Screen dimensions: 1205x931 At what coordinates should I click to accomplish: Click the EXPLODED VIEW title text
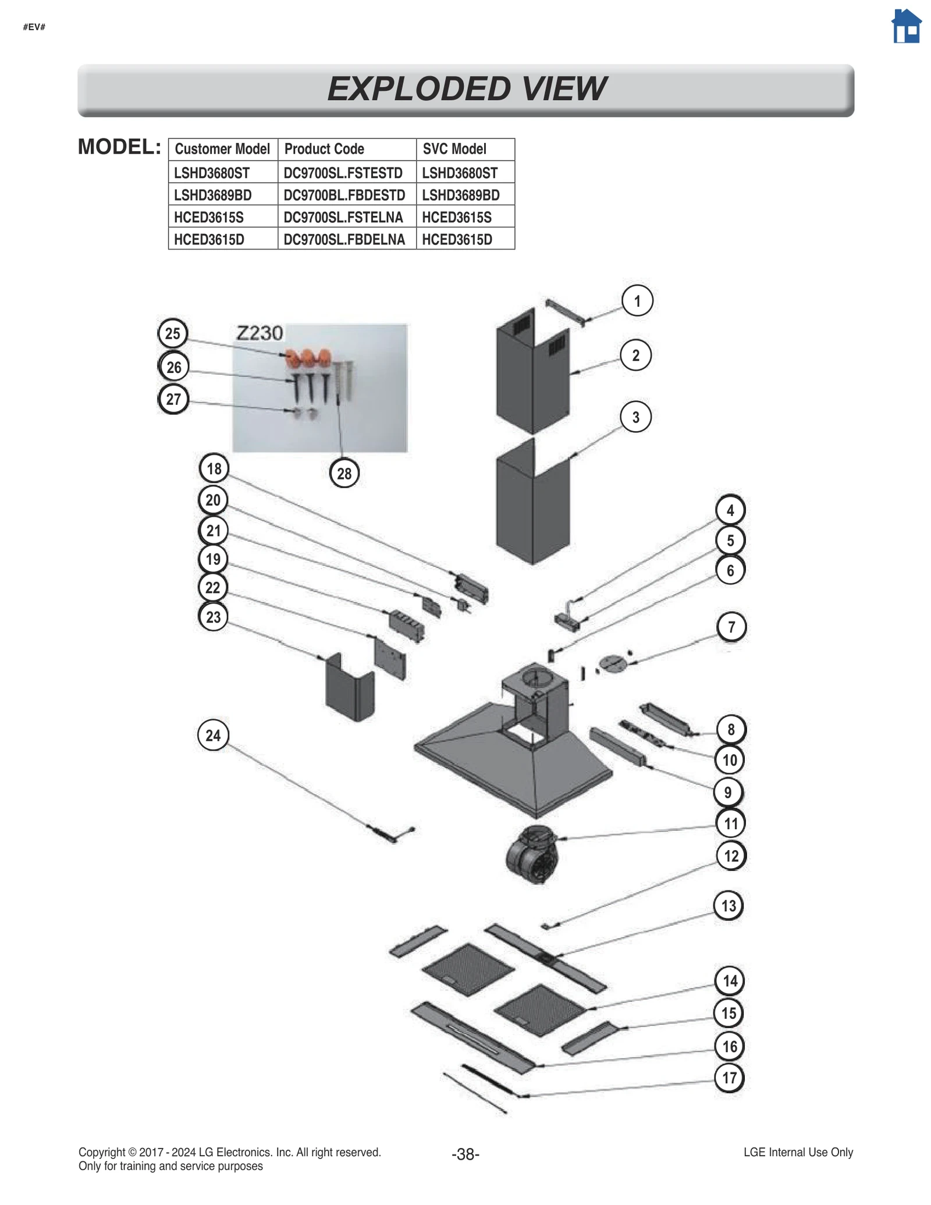coord(466,88)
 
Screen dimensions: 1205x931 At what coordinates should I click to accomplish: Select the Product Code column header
coord(324,149)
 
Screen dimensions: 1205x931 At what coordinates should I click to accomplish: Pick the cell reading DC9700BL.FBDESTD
coord(344,195)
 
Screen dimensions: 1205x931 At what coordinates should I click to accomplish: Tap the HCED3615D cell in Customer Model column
coord(209,239)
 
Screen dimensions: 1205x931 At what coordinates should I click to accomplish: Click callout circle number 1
coord(637,301)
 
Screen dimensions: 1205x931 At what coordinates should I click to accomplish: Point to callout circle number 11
coord(730,823)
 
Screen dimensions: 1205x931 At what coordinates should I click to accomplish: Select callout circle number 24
coord(213,735)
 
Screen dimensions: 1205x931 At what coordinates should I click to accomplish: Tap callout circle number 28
coord(344,473)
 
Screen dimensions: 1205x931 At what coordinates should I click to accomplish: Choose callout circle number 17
coord(729,1078)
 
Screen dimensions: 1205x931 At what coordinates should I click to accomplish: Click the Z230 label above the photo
coord(260,333)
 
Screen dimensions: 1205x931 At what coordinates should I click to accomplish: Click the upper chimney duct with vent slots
coord(532,372)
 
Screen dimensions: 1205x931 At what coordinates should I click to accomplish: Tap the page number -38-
coord(465,1154)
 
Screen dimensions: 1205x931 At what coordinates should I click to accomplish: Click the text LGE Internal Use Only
coord(798,1152)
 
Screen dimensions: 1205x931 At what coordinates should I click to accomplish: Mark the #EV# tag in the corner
coord(34,27)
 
